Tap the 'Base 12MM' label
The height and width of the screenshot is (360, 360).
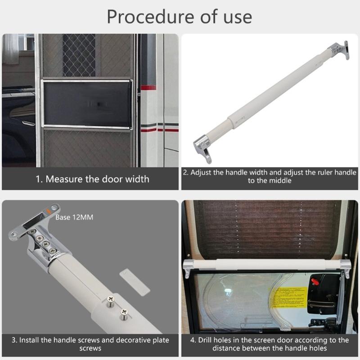pyautogui.click(x=74, y=217)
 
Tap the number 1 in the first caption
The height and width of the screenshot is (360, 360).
pyautogui.click(x=38, y=179)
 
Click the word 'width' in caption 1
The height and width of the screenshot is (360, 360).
pyautogui.click(x=135, y=179)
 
